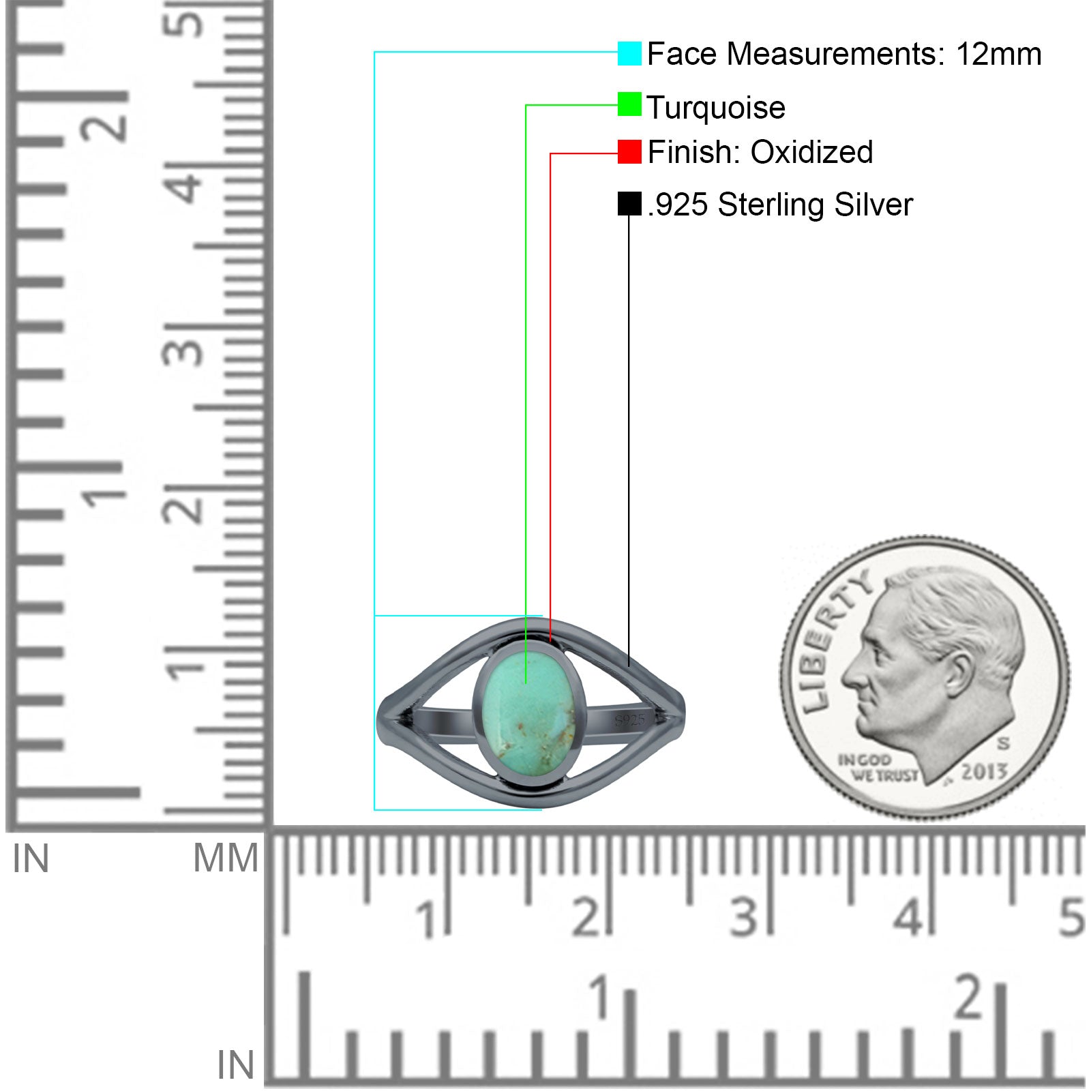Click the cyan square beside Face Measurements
click(629, 53)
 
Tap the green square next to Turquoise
click(629, 104)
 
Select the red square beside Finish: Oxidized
click(629, 151)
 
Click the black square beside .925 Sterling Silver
click(629, 203)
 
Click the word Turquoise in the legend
click(716, 108)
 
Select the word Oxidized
click(811, 151)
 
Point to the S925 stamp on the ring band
click(629, 720)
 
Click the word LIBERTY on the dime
click(833, 641)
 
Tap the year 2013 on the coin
click(984, 772)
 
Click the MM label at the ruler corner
click(226, 858)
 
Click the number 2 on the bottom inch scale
click(969, 998)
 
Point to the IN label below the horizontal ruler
click(235, 1065)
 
